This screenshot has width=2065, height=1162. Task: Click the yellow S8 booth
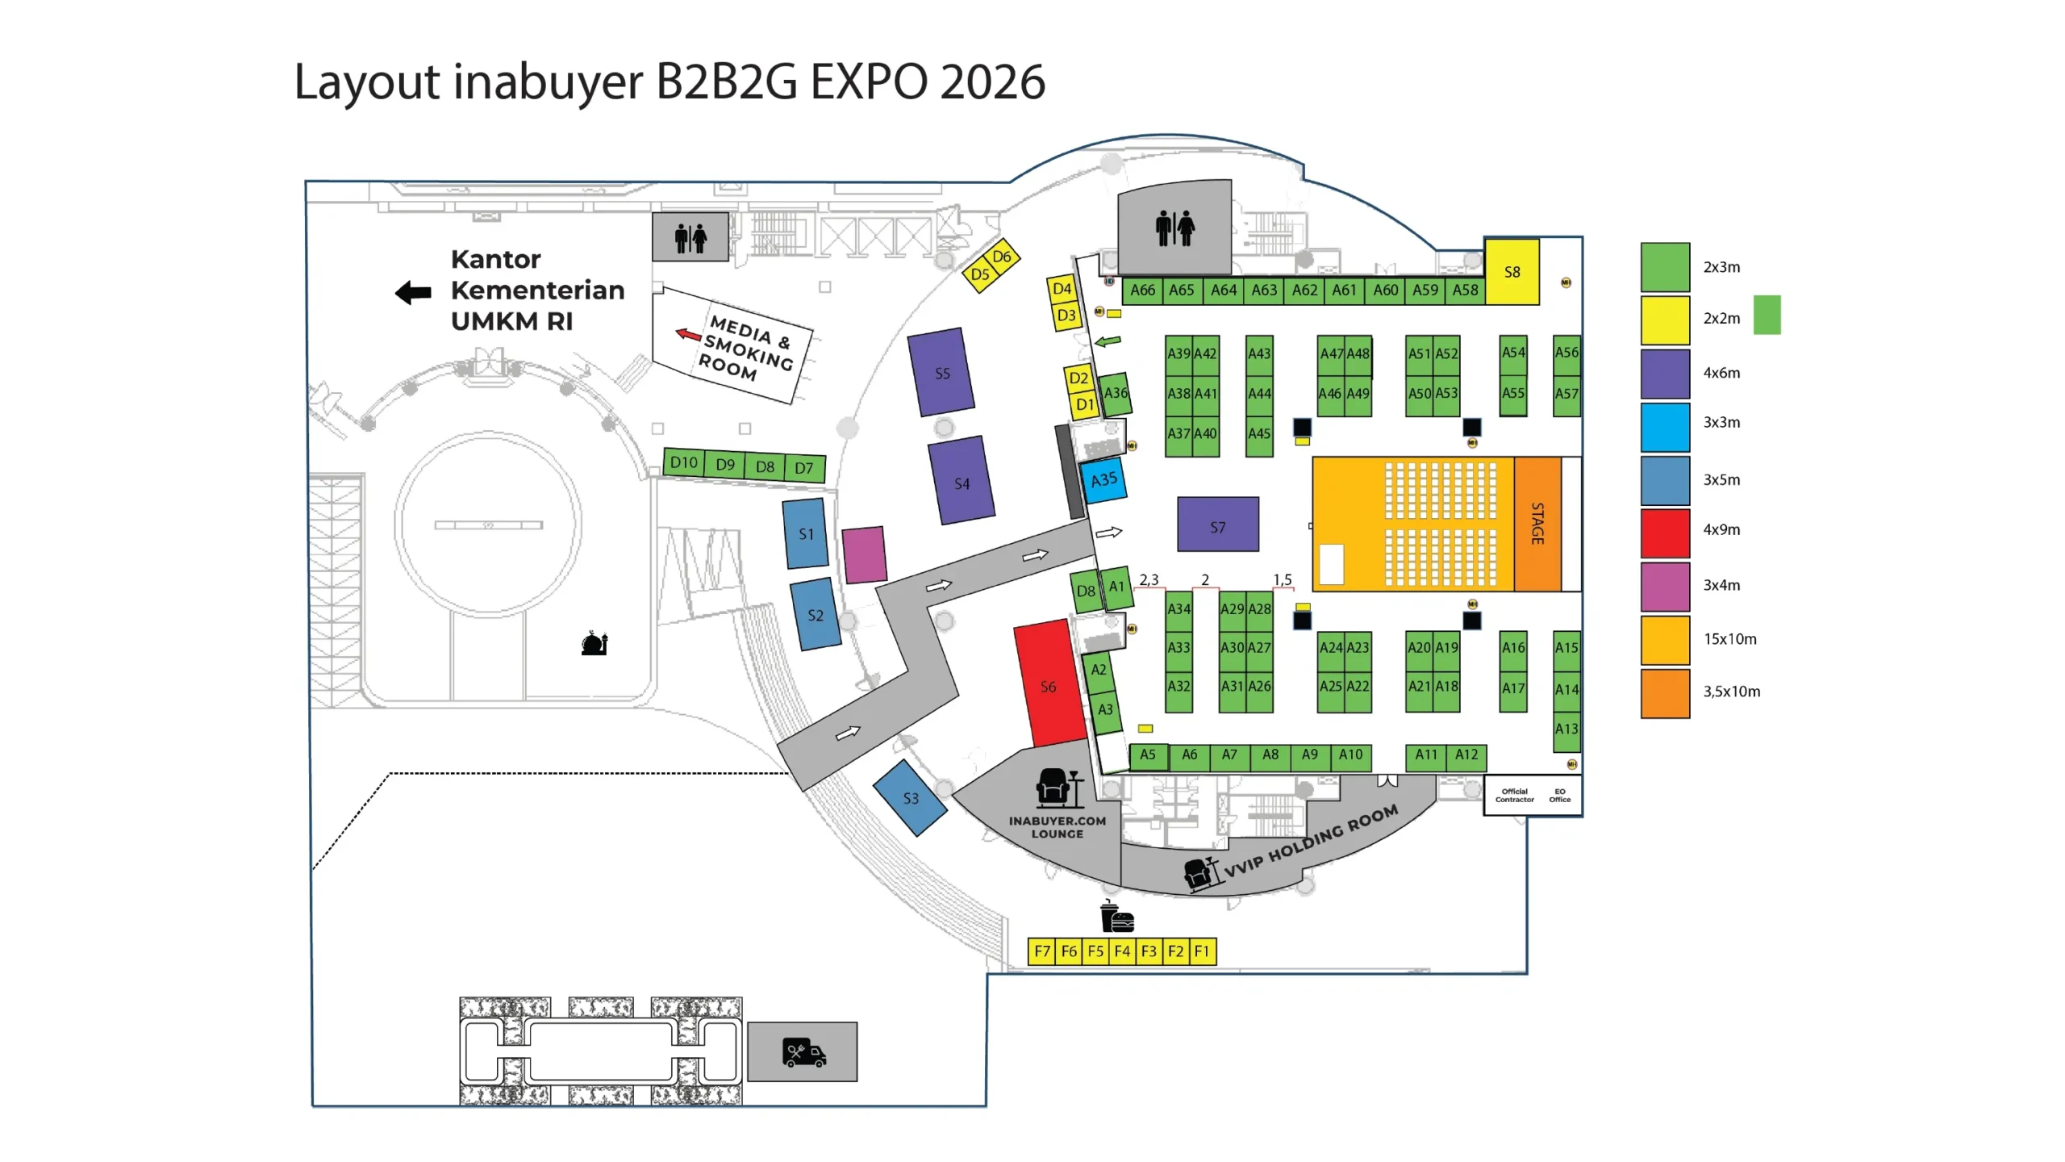pyautogui.click(x=1512, y=272)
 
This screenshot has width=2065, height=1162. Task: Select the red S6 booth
pyautogui.click(x=1049, y=684)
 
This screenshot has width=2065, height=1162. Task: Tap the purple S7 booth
pyautogui.click(x=1217, y=525)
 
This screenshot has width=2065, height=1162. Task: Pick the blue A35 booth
pyautogui.click(x=1103, y=480)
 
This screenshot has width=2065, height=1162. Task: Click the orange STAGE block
pyautogui.click(x=1537, y=524)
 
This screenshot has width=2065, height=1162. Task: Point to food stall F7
pyautogui.click(x=1041, y=951)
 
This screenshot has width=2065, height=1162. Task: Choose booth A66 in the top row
pyautogui.click(x=1142, y=290)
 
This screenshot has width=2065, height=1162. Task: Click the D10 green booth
pyautogui.click(x=683, y=462)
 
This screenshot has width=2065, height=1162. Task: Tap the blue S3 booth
pyautogui.click(x=910, y=797)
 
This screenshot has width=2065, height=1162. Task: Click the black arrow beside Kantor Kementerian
pyautogui.click(x=414, y=292)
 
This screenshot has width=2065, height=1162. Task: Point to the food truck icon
pyautogui.click(x=803, y=1052)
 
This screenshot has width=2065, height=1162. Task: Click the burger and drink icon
pyautogui.click(x=1117, y=917)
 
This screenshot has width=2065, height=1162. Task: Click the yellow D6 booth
pyautogui.click(x=1002, y=257)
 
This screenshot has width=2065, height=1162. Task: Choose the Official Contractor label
pyautogui.click(x=1514, y=795)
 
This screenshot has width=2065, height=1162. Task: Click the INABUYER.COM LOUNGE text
pyautogui.click(x=1057, y=827)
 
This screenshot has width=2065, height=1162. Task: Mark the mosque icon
pyautogui.click(x=594, y=643)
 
